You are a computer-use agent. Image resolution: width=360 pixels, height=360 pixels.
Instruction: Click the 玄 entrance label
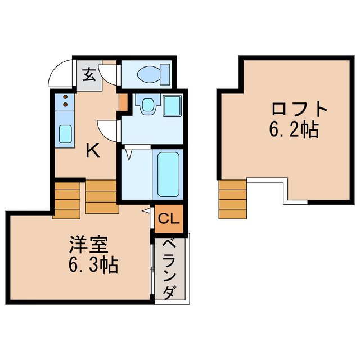pyautogui.click(x=89, y=74)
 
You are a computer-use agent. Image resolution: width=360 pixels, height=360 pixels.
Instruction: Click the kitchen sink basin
pyautogui.click(x=65, y=134)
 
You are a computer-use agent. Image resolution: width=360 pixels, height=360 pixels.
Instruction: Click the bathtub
pyautogui.click(x=168, y=173)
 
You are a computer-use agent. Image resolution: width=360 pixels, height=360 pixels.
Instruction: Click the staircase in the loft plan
pyautogui.click(x=232, y=199)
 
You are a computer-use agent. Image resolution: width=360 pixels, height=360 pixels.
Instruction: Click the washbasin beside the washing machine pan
pyautogui.click(x=148, y=105)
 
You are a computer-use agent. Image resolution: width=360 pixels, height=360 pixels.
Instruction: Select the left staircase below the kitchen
pyautogui.click(x=68, y=199)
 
